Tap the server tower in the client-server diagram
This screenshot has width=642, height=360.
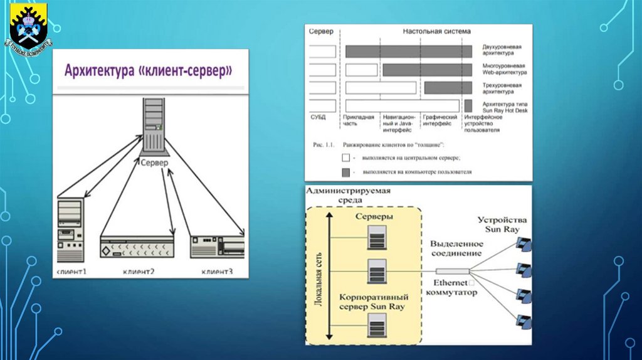[x=152, y=125]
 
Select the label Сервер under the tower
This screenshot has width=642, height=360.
[x=152, y=162]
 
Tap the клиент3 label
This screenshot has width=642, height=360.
[x=217, y=272]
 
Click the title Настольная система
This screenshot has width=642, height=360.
[x=437, y=31]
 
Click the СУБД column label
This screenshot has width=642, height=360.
[x=318, y=117]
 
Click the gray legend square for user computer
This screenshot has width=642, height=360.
[x=345, y=171]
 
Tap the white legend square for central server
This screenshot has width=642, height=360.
[x=345, y=158]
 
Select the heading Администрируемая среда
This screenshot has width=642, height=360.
[x=341, y=195]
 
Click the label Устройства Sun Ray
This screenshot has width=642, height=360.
[x=502, y=225]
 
